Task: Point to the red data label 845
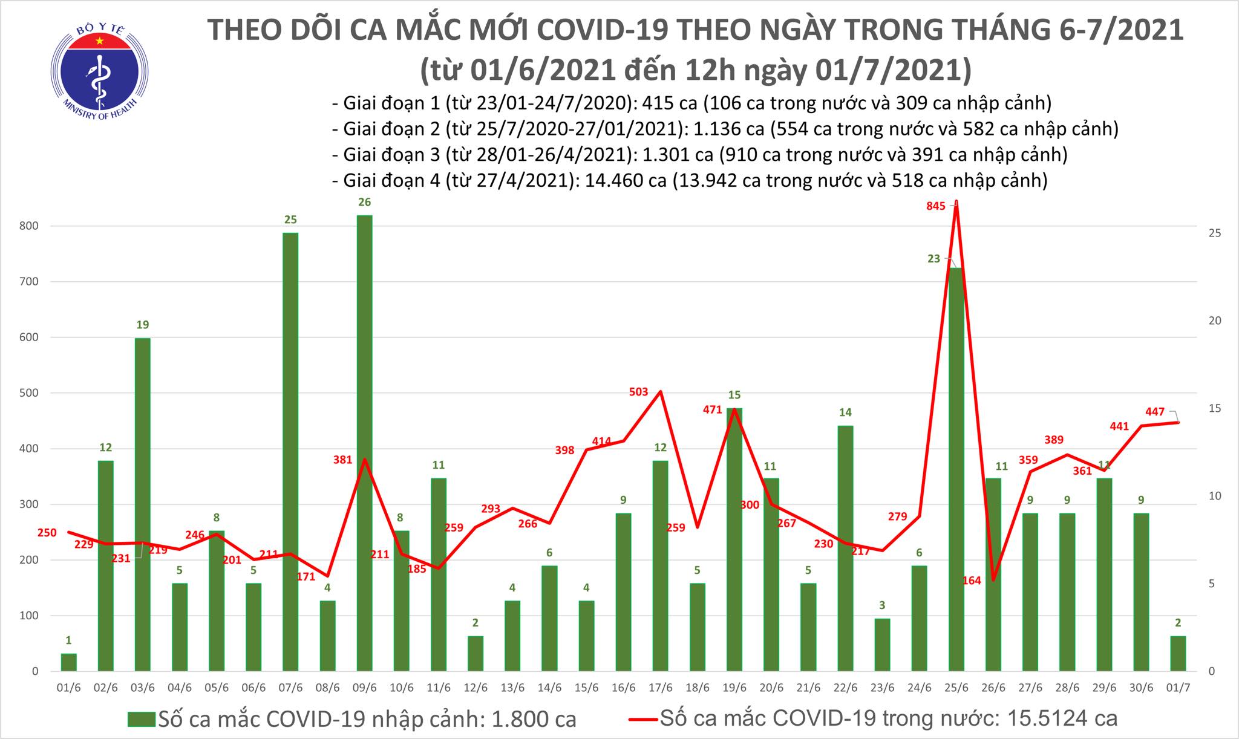coord(935,206)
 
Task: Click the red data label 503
coord(638,392)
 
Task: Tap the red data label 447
coord(1156,412)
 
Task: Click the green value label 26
coord(364,202)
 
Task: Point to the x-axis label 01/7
coord(1177,689)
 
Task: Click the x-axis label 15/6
coord(586,689)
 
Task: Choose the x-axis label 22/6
coord(845,689)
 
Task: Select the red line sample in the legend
coord(642,719)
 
